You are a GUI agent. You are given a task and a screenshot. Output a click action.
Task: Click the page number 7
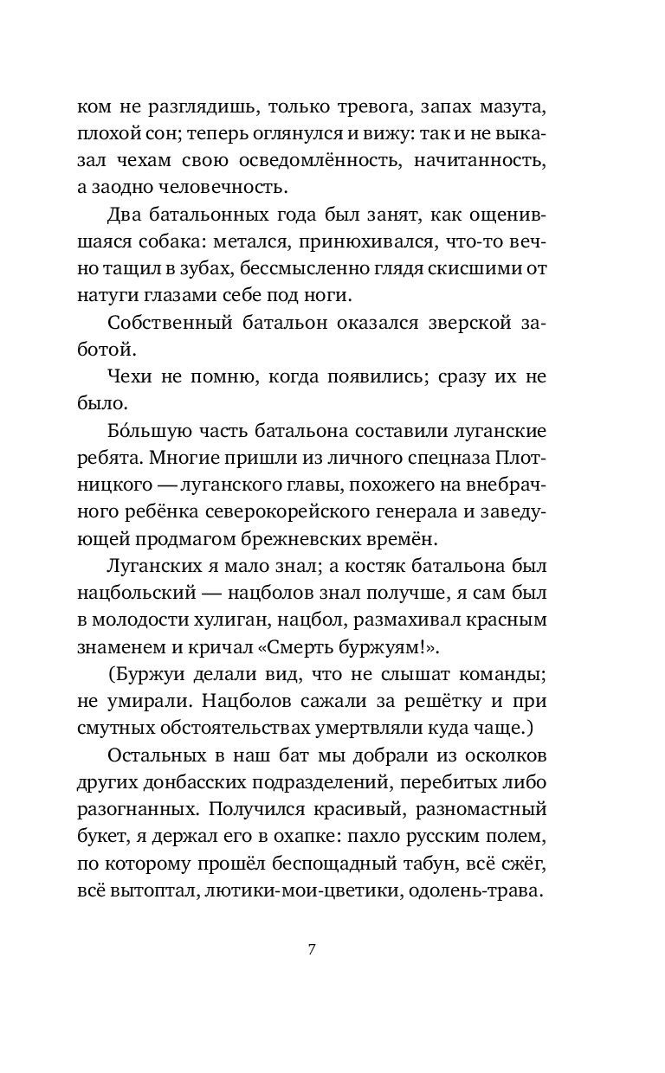[x=313, y=949]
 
